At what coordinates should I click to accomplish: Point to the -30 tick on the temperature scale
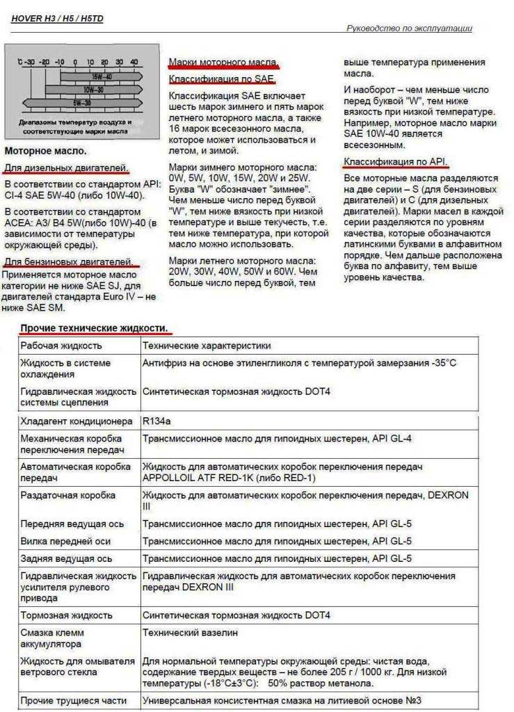29,63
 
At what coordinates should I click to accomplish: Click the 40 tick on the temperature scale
134,63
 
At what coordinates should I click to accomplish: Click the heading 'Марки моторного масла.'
223,63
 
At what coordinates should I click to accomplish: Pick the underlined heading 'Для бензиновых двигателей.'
69,261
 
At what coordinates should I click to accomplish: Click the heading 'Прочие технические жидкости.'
94,327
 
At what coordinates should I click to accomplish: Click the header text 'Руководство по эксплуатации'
409,29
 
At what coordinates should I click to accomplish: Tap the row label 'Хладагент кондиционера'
76,421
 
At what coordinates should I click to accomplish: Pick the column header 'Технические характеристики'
207,345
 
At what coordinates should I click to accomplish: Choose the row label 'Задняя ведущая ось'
67,558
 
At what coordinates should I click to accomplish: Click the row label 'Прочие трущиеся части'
74,700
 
